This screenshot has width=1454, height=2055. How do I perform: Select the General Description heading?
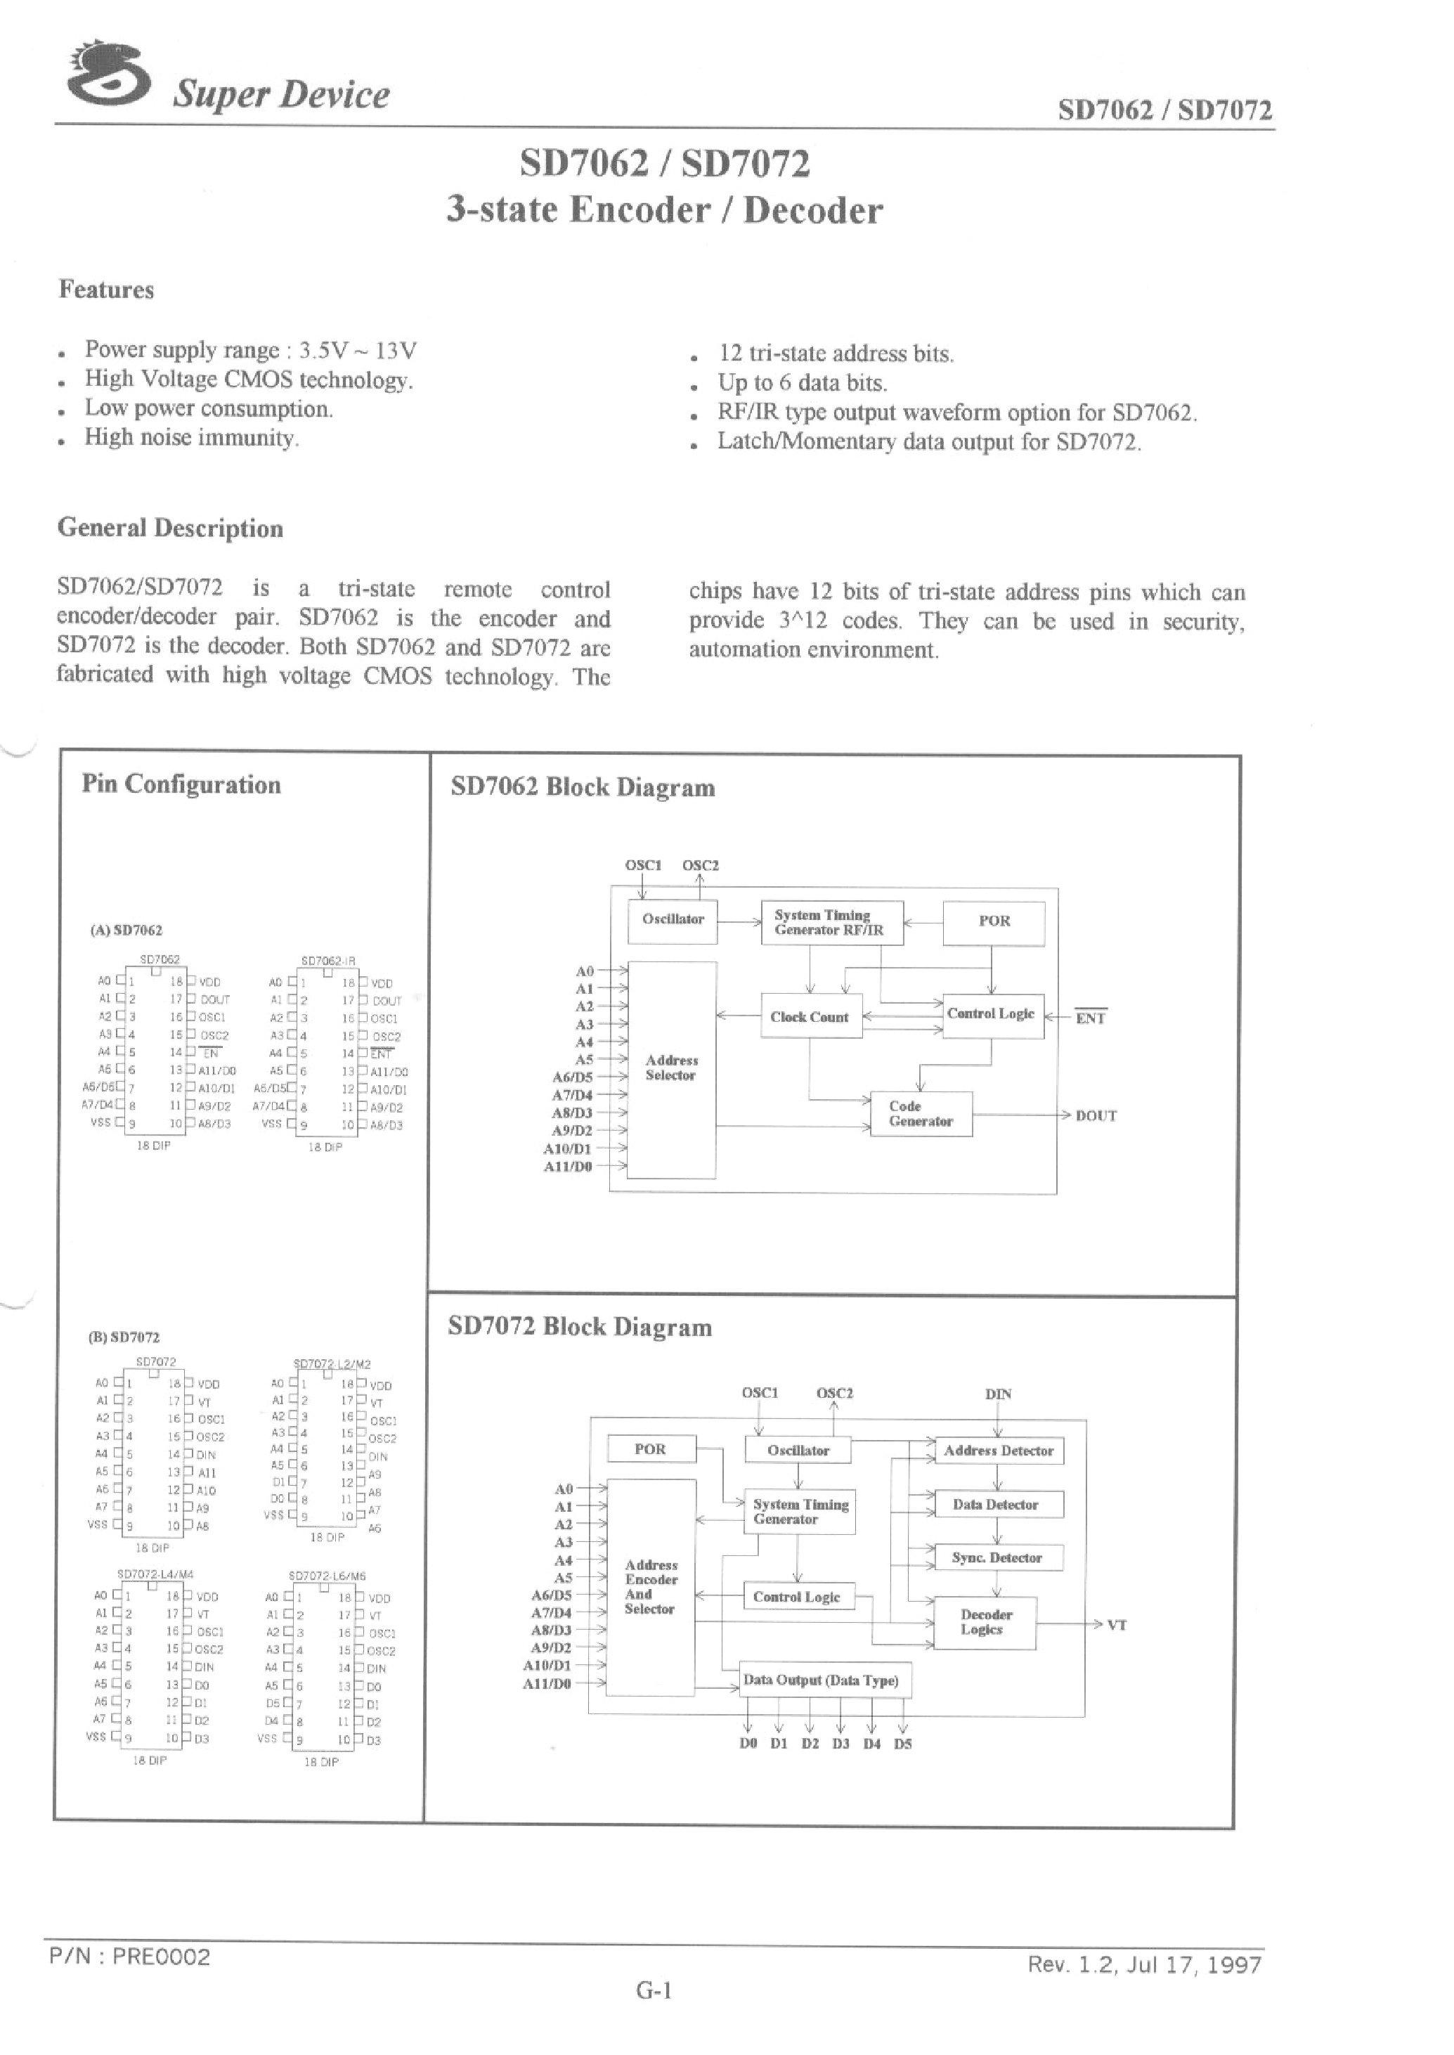click(x=170, y=529)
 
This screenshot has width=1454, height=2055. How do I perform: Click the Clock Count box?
click(x=810, y=1016)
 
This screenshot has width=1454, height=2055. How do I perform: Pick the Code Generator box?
click(x=921, y=1114)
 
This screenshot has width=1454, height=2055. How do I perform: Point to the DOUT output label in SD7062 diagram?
click(x=1096, y=1115)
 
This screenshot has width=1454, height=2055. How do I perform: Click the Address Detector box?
click(x=999, y=1451)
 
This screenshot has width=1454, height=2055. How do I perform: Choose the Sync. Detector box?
click(x=997, y=1558)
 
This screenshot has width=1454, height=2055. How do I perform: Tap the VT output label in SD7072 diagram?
click(x=1117, y=1624)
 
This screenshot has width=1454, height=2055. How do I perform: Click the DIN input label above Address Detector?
click(x=999, y=1394)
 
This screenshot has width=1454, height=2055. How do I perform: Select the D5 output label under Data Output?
click(x=902, y=1744)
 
